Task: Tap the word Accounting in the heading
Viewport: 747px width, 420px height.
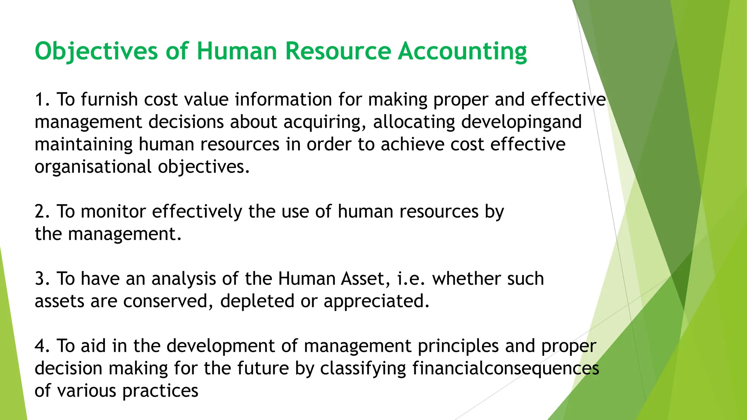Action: click(462, 51)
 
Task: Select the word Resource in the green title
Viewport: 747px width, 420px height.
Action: click(338, 51)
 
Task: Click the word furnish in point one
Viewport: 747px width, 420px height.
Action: click(109, 100)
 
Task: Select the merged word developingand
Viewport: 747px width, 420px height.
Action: click(521, 122)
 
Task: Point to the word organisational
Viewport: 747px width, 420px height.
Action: click(93, 167)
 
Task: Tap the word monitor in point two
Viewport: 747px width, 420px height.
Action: click(113, 211)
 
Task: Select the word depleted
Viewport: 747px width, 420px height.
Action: click(257, 302)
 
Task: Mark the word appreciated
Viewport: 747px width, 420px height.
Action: click(376, 302)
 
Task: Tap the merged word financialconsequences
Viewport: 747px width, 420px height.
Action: click(506, 369)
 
